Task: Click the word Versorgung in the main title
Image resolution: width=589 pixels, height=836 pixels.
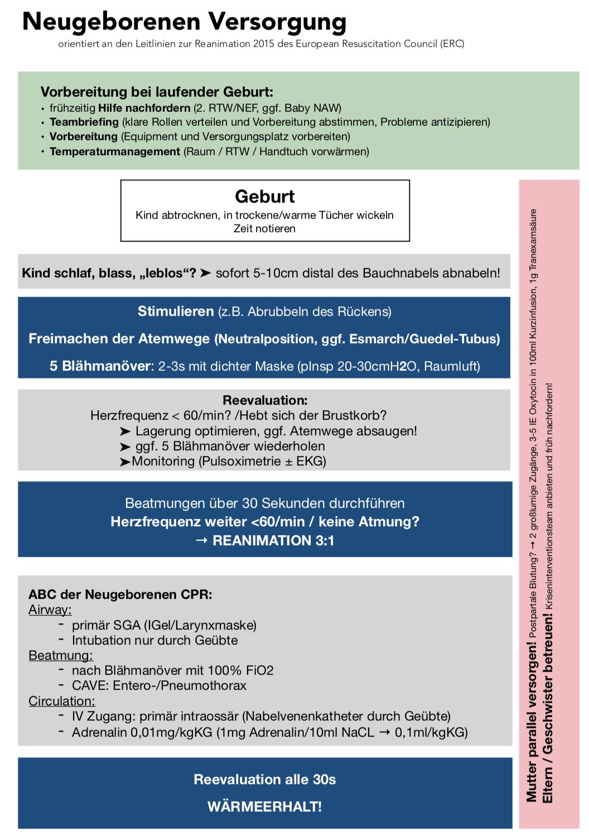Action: click(x=277, y=22)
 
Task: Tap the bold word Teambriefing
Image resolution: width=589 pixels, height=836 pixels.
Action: click(x=84, y=122)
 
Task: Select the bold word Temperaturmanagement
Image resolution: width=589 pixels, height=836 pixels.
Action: click(x=115, y=151)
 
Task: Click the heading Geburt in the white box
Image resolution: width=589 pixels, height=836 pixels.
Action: click(x=265, y=196)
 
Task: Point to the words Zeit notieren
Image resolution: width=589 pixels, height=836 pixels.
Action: click(x=264, y=228)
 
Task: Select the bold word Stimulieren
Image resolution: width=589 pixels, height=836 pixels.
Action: click(x=176, y=311)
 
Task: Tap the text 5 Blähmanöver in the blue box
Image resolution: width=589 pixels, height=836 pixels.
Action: click(x=100, y=366)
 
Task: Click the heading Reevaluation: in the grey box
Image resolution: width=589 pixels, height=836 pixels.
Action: click(x=265, y=400)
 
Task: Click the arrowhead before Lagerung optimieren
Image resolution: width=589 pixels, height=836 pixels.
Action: click(x=125, y=431)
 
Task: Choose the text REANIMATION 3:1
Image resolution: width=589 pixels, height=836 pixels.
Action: click(x=273, y=540)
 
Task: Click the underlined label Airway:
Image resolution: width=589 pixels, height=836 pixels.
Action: click(x=50, y=609)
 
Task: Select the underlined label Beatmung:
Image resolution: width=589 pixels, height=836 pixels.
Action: click(x=61, y=655)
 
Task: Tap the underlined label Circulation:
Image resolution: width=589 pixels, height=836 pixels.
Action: click(x=62, y=701)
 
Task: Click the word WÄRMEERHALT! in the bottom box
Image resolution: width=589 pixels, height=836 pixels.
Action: click(x=264, y=806)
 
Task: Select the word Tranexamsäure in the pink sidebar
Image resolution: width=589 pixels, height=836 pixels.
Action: click(x=533, y=239)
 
